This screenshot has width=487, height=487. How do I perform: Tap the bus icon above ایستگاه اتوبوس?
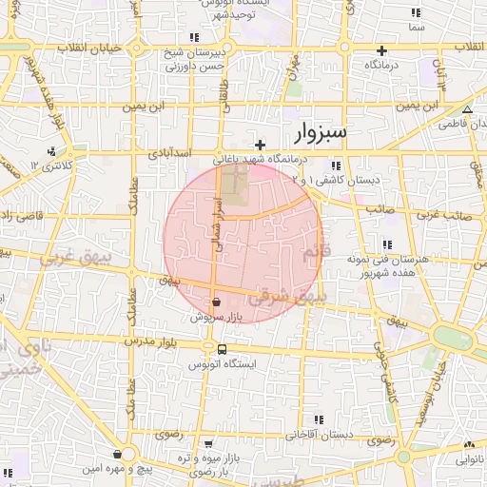(x=222, y=349)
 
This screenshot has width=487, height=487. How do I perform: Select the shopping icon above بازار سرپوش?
(x=218, y=302)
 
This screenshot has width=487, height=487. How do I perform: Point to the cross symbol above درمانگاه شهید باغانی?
(x=261, y=145)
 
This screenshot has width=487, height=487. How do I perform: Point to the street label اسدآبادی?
(x=171, y=152)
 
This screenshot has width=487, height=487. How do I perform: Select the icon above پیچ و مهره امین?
(x=117, y=455)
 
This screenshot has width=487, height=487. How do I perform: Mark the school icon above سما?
(x=415, y=13)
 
